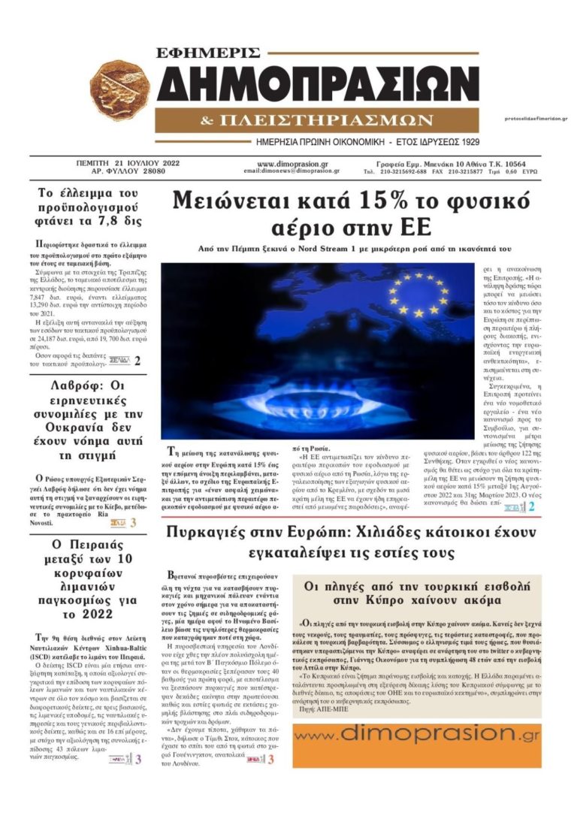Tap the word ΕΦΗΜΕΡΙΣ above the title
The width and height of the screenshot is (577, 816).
click(208, 53)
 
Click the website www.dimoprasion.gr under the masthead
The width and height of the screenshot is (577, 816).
click(292, 163)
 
